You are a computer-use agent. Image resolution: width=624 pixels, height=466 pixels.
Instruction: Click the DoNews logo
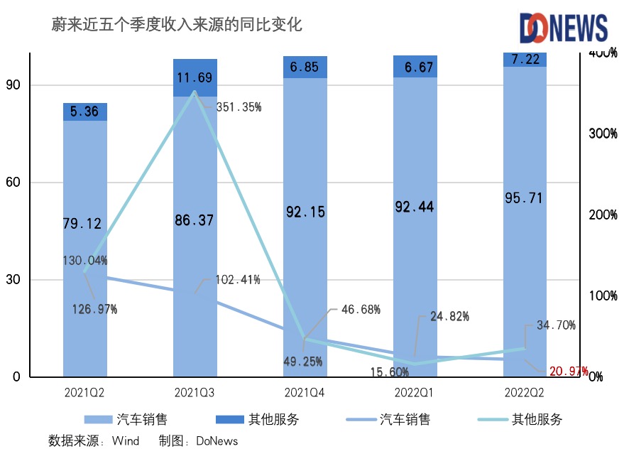(564, 28)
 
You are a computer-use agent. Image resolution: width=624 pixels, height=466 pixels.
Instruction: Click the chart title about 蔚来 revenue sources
(177, 25)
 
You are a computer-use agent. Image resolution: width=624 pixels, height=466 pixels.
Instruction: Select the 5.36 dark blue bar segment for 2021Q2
(85, 112)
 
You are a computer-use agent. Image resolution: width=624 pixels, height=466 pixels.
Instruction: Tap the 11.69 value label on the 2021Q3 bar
(195, 78)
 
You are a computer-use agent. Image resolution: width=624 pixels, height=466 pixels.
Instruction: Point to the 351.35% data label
(238, 107)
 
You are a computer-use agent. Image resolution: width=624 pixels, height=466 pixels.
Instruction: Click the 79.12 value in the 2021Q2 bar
(82, 224)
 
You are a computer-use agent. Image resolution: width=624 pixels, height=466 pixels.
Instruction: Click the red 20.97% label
(567, 371)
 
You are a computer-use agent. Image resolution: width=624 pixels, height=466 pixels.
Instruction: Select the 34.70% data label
(556, 325)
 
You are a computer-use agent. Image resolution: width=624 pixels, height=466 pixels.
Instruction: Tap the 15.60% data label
(389, 372)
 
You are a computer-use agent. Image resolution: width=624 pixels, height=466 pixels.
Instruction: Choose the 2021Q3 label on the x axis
(195, 391)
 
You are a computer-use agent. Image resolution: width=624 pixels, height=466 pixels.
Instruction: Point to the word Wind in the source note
(126, 441)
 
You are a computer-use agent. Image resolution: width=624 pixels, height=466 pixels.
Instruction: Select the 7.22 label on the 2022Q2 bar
(525, 59)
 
